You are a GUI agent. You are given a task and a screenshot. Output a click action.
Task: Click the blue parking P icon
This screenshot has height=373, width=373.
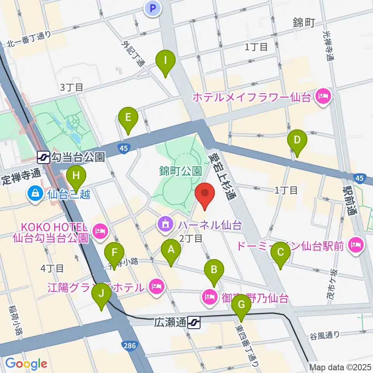click(153, 9)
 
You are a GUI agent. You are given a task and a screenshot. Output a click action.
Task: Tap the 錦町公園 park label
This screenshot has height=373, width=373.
click(180, 170)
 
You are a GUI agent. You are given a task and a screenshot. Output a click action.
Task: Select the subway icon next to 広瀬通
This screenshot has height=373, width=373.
click(193, 322)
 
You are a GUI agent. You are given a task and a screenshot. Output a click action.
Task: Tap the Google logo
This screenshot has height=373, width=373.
click(26, 363)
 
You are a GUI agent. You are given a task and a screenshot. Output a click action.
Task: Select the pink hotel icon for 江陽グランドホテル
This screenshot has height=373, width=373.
click(157, 287)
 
